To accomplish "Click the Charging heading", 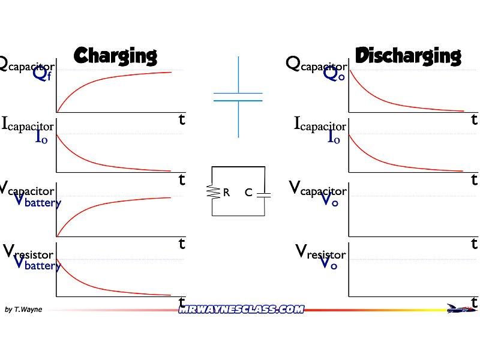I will coord(115,56).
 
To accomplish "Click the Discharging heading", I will coord(408,56).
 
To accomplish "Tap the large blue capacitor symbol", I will coord(238,97).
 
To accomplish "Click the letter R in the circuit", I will coord(226,193).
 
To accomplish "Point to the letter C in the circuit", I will coord(248,193).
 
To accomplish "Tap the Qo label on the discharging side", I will coord(334,74).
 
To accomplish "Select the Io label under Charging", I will coord(41,137).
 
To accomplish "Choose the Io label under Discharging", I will coord(334,137).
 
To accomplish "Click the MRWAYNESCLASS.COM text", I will coord(241,309).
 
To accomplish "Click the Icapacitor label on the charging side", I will coord(28,124).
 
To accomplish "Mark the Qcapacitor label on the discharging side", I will coord(316,63).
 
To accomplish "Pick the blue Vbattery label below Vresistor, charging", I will coord(37,263).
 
